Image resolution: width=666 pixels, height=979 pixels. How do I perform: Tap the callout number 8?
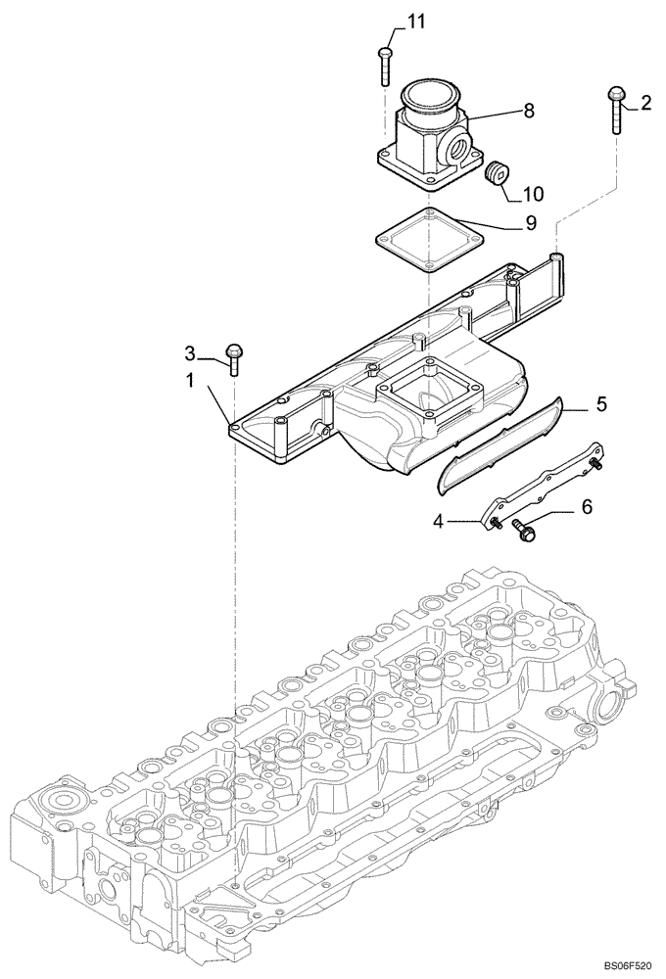point(530,111)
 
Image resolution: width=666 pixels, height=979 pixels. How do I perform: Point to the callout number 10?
point(534,194)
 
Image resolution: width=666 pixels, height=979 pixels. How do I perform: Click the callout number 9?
point(530,223)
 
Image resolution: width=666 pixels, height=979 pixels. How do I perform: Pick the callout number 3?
point(191,351)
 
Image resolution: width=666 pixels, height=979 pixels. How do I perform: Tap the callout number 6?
point(588,507)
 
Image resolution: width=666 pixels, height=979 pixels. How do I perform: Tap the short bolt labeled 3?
point(233,357)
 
